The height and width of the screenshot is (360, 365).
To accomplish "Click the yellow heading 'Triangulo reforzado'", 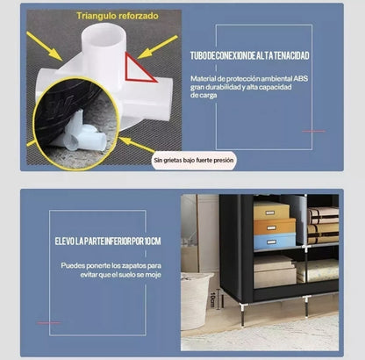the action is [118, 16].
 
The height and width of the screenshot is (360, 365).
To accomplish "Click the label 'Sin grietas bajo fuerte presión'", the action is [194, 161].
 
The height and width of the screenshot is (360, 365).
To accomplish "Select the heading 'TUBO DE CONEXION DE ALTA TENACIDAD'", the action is [249, 55].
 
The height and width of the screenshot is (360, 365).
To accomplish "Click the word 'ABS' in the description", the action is [301, 78].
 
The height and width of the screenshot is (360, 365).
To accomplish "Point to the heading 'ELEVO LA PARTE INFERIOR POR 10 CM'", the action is [108, 241].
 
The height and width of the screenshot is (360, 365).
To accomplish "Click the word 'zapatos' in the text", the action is [133, 266].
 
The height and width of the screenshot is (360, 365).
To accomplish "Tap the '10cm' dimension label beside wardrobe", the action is [212, 299].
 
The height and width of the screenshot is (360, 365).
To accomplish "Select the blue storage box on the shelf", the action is [275, 241].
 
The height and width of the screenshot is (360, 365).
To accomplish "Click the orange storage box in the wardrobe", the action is [275, 227].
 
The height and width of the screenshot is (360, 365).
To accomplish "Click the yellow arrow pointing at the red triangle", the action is [157, 47].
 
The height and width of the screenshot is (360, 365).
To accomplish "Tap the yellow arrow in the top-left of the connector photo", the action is [45, 47].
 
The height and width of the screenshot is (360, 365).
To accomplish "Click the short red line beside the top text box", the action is [313, 131].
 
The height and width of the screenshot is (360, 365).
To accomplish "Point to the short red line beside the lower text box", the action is [49, 322].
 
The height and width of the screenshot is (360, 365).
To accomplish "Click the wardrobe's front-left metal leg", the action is [242, 313].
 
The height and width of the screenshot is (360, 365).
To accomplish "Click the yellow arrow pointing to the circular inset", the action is [137, 145].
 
